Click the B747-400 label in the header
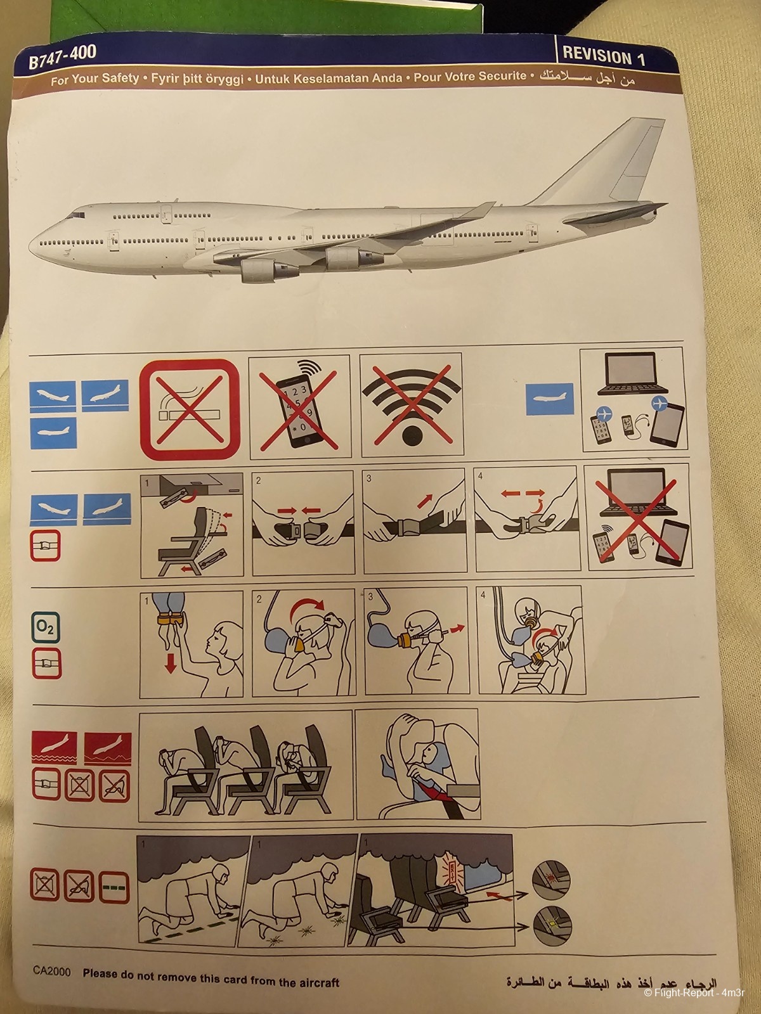62,58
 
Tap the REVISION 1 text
604,56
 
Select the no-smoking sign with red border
190,410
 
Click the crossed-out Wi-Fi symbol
411,406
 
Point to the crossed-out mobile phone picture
299,407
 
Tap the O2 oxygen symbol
46,627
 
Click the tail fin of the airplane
619,162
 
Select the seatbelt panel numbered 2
303,523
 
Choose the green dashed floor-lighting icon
115,886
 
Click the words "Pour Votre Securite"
470,77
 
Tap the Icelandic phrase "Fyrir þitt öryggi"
197,79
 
